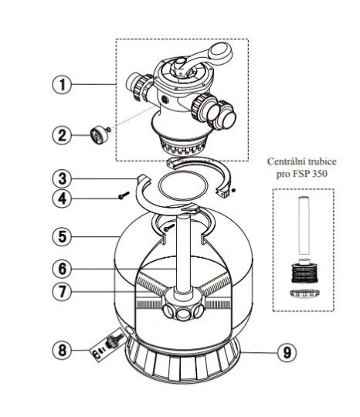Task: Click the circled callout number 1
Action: [x=62, y=85]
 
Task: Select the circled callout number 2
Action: [x=62, y=135]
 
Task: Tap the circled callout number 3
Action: [x=62, y=178]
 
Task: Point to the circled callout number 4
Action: [x=62, y=198]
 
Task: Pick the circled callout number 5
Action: [x=62, y=236]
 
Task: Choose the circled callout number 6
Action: [x=62, y=269]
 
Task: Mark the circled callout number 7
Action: [x=62, y=291]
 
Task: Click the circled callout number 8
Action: [x=62, y=350]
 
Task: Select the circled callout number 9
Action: [x=287, y=353]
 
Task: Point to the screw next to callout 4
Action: [x=124, y=195]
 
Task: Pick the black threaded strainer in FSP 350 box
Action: [x=304, y=273]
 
